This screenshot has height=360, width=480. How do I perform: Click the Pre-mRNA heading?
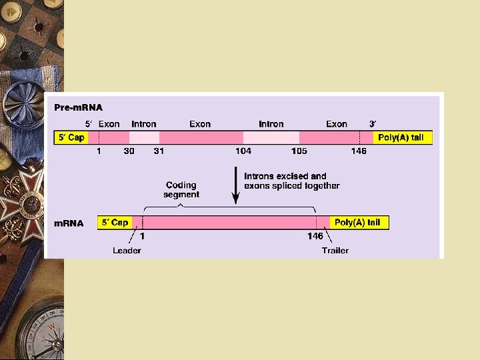tap(78, 107)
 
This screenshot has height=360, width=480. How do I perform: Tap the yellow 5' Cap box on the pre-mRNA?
tap(71, 138)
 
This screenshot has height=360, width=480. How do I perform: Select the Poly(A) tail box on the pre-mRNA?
tap(401, 138)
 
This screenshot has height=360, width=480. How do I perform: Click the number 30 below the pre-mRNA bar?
tap(129, 151)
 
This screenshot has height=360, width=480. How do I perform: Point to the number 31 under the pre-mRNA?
tap(159, 151)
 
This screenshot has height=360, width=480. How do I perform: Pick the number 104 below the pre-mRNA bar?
tap(243, 151)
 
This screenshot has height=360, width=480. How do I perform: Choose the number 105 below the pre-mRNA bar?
tap(299, 151)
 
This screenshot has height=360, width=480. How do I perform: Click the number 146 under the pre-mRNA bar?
tap(359, 151)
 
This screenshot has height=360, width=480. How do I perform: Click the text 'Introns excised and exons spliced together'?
tap(291, 181)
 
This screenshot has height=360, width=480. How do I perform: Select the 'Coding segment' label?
tap(181, 189)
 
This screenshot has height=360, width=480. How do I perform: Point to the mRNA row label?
tap(69, 223)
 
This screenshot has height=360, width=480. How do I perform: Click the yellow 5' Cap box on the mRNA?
tap(115, 223)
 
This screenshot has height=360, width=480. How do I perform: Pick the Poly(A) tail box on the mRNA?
tap(358, 223)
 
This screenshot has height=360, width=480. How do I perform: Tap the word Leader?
tap(127, 251)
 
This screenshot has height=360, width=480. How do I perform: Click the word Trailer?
tap(335, 251)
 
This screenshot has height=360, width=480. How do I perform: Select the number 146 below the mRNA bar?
tap(315, 236)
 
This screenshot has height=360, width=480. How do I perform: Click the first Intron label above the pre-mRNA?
tap(144, 124)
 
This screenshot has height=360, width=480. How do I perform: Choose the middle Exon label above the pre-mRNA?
tap(200, 124)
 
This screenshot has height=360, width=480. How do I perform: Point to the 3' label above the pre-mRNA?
tap(373, 124)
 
